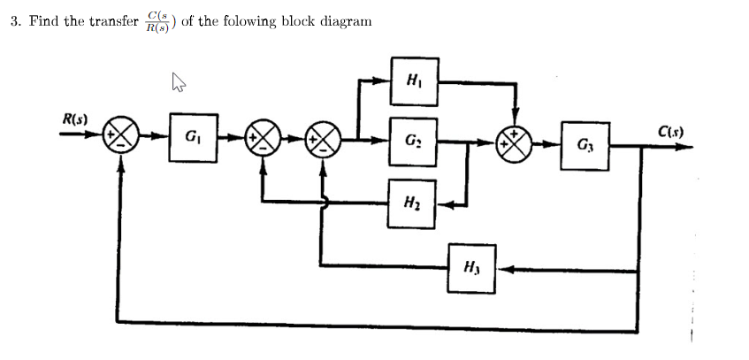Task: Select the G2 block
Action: [413, 139]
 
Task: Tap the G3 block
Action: [587, 144]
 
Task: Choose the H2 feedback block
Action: [411, 204]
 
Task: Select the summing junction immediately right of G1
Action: [262, 139]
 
